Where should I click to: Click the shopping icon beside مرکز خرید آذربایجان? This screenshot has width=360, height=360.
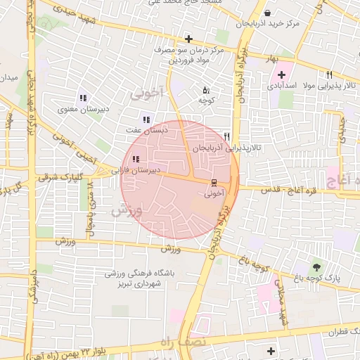(x=267, y=13)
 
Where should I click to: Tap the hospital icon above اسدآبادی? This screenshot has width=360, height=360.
(x=281, y=75)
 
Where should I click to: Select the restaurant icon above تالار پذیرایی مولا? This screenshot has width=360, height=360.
(x=328, y=75)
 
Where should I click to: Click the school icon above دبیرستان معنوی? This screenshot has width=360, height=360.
(x=83, y=98)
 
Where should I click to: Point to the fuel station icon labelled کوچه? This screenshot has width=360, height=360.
(x=206, y=90)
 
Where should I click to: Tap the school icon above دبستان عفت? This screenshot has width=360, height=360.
(x=146, y=120)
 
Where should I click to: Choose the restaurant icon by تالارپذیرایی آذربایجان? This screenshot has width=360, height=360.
(x=226, y=136)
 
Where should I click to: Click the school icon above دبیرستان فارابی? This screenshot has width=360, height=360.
(x=135, y=159)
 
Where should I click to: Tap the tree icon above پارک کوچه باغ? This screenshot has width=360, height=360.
(x=316, y=266)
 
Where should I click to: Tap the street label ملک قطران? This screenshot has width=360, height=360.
(x=338, y=330)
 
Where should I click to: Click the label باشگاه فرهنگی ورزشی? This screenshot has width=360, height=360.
(x=134, y=273)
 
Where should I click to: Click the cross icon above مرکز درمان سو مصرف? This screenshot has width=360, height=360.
(x=188, y=39)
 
